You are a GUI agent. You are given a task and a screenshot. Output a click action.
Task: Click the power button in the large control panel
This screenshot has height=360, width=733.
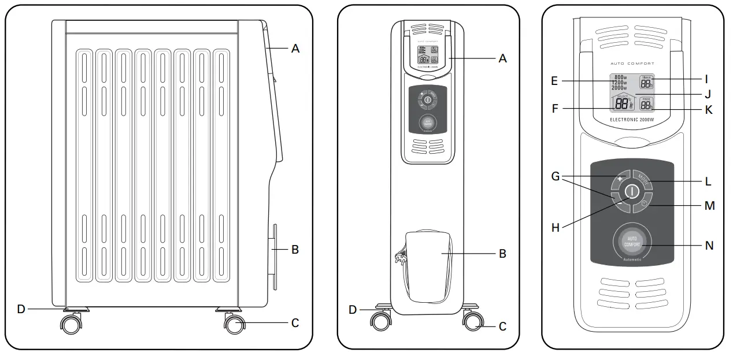(x=631, y=192)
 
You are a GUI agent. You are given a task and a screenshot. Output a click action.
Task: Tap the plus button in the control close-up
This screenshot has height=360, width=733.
(x=620, y=180)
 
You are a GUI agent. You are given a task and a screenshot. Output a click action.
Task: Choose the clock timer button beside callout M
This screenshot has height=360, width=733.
(x=644, y=204)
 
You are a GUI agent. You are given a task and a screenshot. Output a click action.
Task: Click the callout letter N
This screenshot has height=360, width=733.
(x=710, y=246)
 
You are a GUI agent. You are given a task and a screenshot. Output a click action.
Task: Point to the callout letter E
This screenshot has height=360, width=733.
(x=554, y=81)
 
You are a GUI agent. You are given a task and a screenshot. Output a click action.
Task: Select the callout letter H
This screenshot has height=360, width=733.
(x=556, y=228)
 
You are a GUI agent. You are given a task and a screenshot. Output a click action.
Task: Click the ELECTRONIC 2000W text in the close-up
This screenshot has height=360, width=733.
(x=632, y=120)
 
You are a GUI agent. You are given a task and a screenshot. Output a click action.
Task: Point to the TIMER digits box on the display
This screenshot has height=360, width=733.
(x=646, y=83)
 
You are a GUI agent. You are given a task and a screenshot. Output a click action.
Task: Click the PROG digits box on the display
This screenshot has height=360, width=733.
(x=646, y=104)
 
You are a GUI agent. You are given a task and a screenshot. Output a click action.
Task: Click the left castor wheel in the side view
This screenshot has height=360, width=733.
(x=71, y=324)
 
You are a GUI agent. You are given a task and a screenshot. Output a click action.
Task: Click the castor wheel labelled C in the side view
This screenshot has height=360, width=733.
(x=234, y=325)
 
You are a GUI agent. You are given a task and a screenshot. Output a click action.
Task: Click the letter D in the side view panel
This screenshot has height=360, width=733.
(x=21, y=309)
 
